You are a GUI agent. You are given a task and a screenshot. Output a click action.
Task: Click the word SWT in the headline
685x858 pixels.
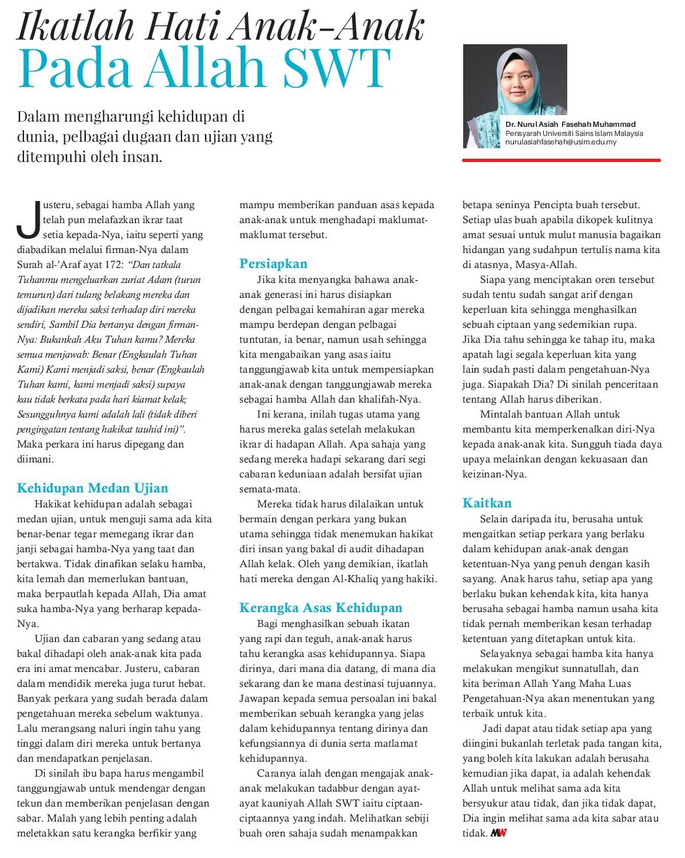pos(339,69)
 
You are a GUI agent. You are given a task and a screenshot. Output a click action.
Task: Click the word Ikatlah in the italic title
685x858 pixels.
pos(75,26)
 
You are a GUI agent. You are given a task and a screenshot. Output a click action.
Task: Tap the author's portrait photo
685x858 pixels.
pos(515,96)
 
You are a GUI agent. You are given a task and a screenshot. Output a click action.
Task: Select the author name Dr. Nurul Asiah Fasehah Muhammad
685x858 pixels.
pos(570,124)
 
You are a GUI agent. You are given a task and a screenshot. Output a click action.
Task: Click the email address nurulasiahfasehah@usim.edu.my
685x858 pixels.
pos(560,142)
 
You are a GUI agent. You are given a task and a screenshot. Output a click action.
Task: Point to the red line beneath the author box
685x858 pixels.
pos(561,160)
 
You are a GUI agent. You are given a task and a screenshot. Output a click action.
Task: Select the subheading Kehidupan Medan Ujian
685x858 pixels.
pos(92,488)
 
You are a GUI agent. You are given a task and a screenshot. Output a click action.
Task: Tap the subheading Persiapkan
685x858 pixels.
pos(273,263)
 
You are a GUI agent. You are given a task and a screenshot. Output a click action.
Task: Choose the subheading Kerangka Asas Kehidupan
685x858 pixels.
pos(321,608)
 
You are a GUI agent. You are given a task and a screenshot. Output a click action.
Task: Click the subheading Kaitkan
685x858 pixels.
pos(487,503)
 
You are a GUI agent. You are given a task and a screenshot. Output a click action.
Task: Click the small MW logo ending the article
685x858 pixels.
pos(498,833)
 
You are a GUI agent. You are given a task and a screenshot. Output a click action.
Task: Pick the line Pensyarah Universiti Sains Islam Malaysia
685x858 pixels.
pos(574,133)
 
